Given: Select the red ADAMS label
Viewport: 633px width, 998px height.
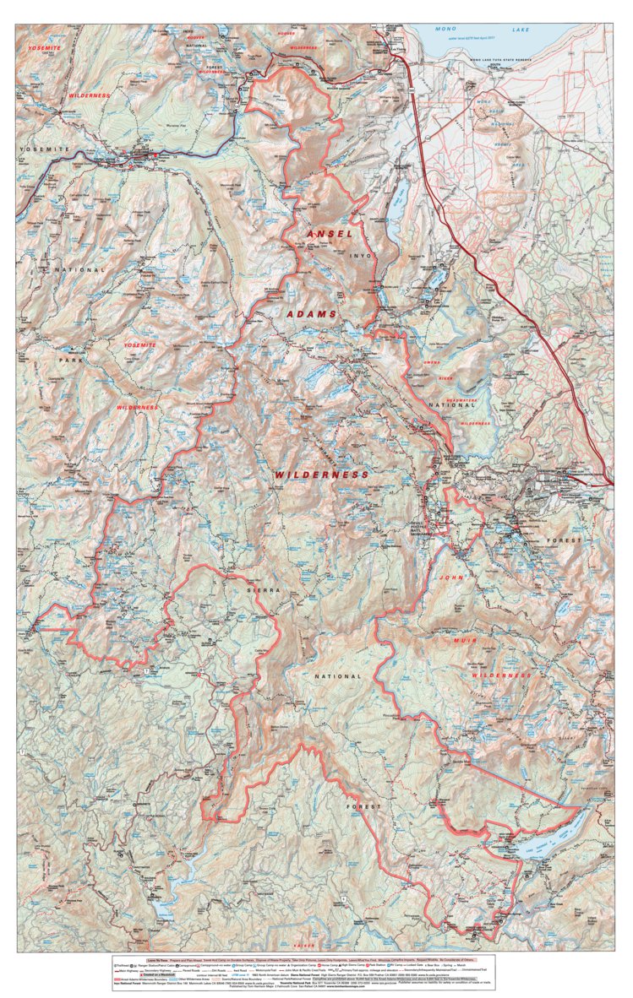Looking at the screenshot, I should pos(311,314).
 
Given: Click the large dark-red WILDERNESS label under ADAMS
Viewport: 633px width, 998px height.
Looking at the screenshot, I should pos(321,475).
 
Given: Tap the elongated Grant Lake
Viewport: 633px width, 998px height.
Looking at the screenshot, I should pos(396,200).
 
